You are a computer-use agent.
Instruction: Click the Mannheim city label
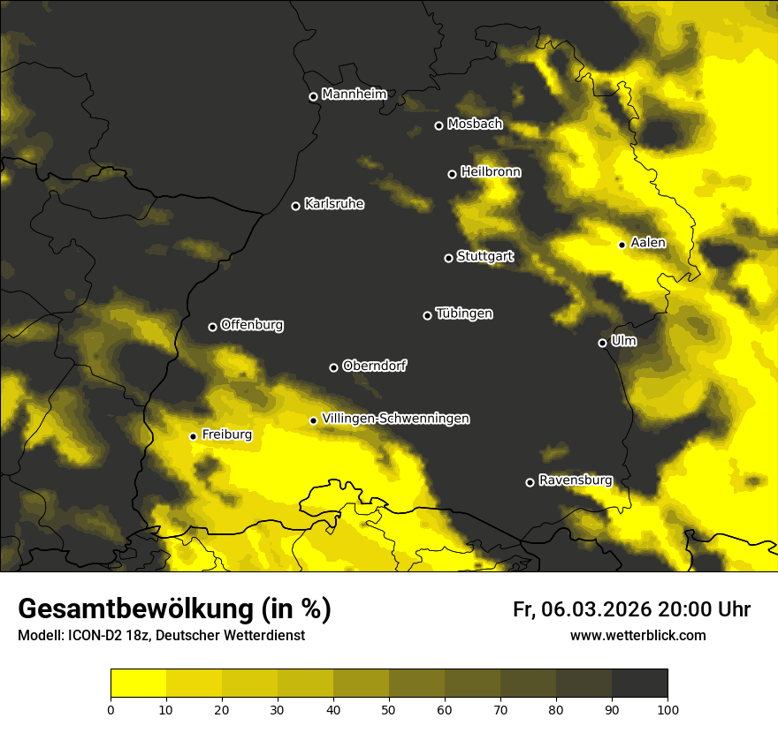[x=354, y=94]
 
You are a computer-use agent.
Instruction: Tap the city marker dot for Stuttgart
[x=448, y=258]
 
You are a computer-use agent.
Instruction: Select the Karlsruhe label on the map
[x=333, y=204]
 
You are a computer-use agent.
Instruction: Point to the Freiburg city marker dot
[x=193, y=436]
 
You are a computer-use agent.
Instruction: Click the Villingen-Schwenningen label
[x=395, y=419]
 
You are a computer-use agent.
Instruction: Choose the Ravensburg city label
[x=575, y=480]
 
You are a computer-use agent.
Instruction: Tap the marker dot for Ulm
[x=602, y=343]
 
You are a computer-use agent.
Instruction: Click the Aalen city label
[x=647, y=243]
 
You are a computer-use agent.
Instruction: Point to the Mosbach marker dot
[x=439, y=125]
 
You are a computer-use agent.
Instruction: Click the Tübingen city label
[x=463, y=314]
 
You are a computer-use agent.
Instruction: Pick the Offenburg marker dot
[x=212, y=327]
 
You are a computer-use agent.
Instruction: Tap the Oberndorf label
[x=374, y=366]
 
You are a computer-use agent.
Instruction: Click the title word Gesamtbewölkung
[x=138, y=609]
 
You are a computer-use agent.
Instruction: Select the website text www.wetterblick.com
[x=637, y=636]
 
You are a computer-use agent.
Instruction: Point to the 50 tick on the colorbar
[x=389, y=708]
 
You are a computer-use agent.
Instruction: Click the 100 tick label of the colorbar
[x=667, y=708]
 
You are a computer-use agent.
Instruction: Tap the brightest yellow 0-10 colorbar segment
[x=138, y=684]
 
